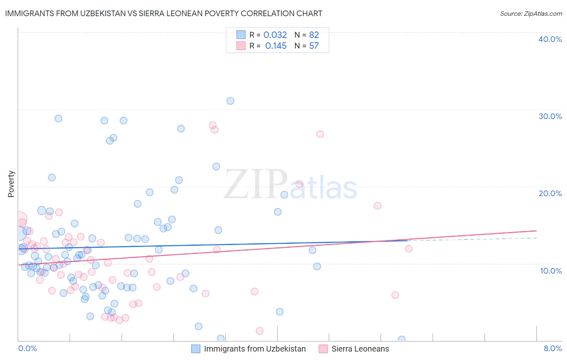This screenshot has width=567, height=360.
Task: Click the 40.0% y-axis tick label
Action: click(x=550, y=39)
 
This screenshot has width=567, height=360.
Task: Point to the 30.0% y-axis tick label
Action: click(x=550, y=116)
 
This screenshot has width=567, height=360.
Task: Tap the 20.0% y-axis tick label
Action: click(x=550, y=193)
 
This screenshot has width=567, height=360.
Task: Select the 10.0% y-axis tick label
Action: click(x=550, y=271)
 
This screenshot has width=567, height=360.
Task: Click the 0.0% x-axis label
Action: click(x=27, y=349)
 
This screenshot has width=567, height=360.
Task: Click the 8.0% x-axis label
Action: click(x=552, y=349)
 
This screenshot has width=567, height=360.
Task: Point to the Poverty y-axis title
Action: click(x=11, y=184)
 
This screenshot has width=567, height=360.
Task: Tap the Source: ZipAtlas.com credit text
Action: click(x=531, y=14)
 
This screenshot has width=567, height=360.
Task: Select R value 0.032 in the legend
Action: click(x=275, y=35)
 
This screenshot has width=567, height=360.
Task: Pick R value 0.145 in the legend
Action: click(x=276, y=46)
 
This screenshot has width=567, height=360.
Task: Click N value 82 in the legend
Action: click(x=314, y=35)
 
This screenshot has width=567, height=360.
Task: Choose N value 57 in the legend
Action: click(x=314, y=46)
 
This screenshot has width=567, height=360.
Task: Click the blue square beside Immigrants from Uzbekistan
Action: click(x=196, y=349)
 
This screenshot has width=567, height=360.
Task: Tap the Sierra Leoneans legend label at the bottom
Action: click(x=360, y=349)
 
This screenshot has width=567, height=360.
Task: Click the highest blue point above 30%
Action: click(x=230, y=101)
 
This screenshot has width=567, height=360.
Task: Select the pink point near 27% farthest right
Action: click(x=320, y=134)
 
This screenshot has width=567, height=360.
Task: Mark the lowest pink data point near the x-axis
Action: click(x=259, y=331)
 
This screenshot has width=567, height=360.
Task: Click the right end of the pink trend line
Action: click(x=536, y=230)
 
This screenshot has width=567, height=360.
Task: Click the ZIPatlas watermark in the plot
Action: click(x=290, y=186)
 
